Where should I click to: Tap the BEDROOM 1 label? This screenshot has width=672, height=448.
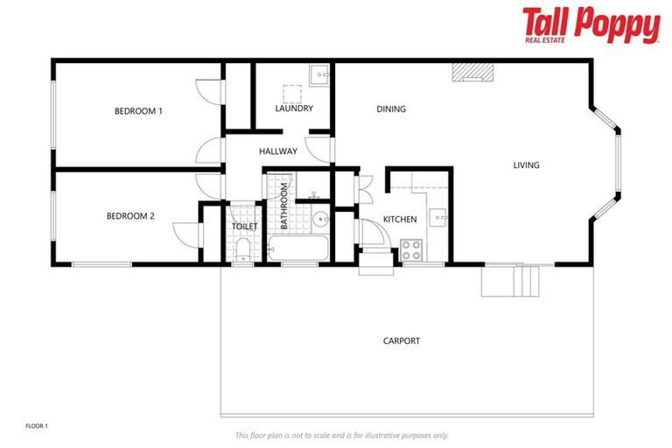[x=138, y=111]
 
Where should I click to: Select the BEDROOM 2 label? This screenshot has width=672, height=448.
[x=130, y=216]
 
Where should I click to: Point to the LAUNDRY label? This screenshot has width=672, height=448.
[x=294, y=108]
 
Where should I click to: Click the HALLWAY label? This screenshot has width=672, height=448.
[x=278, y=151]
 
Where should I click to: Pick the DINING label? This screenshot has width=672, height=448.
[x=391, y=109]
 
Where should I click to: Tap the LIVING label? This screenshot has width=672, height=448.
[x=526, y=165]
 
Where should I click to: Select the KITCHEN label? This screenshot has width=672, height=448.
[x=400, y=219]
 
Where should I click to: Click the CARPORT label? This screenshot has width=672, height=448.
[x=402, y=340]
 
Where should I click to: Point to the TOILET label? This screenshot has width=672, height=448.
[x=245, y=227]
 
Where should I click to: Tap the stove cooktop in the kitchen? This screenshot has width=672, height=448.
[x=411, y=249]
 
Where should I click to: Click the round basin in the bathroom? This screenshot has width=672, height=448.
[x=321, y=219]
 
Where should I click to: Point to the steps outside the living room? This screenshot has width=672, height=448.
[x=513, y=280]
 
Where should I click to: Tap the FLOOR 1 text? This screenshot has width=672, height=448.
[x=37, y=426]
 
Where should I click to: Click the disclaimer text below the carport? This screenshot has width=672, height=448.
[x=341, y=435]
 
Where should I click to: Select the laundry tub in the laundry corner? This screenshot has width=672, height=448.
[x=321, y=74]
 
